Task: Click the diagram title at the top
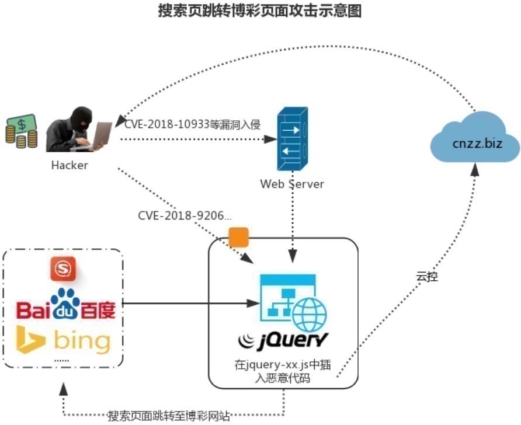pos(260,11)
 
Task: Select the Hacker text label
pos(70,165)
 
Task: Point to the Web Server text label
pos(291,184)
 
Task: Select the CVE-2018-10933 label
pos(192,124)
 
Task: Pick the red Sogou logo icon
pos(61,269)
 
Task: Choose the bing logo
pos(63,340)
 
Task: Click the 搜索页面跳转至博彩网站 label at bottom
pos(169,416)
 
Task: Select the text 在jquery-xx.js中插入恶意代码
pos(283,372)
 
